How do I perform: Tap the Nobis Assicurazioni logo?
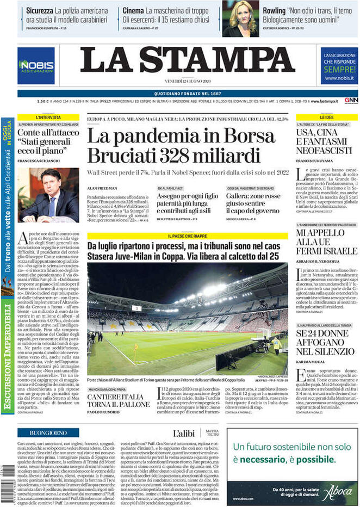click(36, 66)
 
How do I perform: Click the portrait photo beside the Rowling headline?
click(240, 18)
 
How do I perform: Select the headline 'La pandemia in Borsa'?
click(181, 136)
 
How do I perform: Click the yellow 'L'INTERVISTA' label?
click(48, 118)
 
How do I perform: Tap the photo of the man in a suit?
click(48, 195)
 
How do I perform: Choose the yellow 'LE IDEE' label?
click(326, 118)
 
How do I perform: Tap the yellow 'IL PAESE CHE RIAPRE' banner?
click(187, 237)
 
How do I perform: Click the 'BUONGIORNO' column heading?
click(48, 432)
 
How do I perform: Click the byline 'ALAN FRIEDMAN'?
click(101, 188)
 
